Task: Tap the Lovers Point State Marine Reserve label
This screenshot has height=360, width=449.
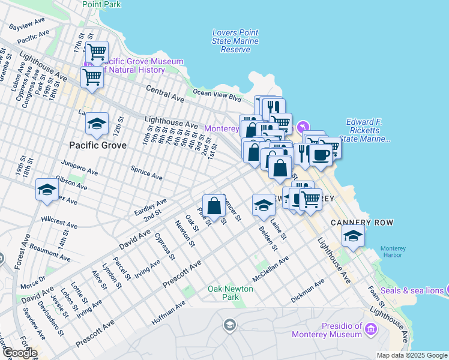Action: pos(235,41)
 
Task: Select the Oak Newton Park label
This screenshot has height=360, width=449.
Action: pos(231,293)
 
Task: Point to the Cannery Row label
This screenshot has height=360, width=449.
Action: pos(362,223)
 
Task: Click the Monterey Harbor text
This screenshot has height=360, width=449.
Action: pos(397,251)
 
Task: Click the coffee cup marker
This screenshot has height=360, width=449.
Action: pos(321,156)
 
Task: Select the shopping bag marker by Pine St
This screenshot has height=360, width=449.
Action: pos(214,206)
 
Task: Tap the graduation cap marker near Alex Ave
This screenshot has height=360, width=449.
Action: pos(47,190)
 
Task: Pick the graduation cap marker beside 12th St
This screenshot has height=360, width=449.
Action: pos(97,124)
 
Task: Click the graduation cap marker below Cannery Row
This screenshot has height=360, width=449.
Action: pos(353,236)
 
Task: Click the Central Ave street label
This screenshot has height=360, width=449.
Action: pos(165,92)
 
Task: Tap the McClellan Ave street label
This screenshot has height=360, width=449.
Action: pos(271,269)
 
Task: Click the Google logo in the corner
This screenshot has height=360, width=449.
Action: pos(20,353)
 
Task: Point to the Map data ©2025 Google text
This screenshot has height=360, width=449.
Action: pos(411,355)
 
